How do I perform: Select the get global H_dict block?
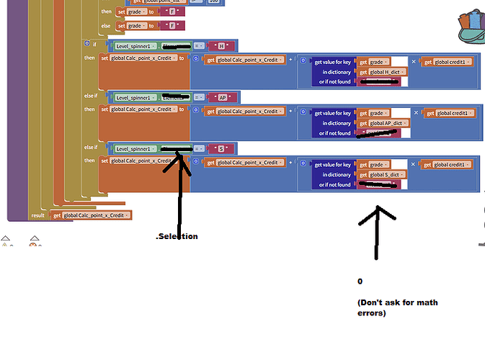pyautogui.click(x=381, y=72)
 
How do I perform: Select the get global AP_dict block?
pyautogui.click(x=383, y=123)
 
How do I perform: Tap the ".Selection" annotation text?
pyautogui.click(x=177, y=237)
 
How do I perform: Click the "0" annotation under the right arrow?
pyautogui.click(x=360, y=281)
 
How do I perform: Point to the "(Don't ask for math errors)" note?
pyautogui.click(x=397, y=308)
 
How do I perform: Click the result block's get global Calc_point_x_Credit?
pyautogui.click(x=92, y=215)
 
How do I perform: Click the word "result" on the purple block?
pyautogui.click(x=39, y=215)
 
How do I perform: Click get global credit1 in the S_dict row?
pyautogui.click(x=446, y=165)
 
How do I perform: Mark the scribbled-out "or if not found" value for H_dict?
pyautogui.click(x=378, y=81)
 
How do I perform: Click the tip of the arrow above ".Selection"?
pyautogui.click(x=179, y=153)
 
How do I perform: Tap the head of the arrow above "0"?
pyautogui.click(x=376, y=207)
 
